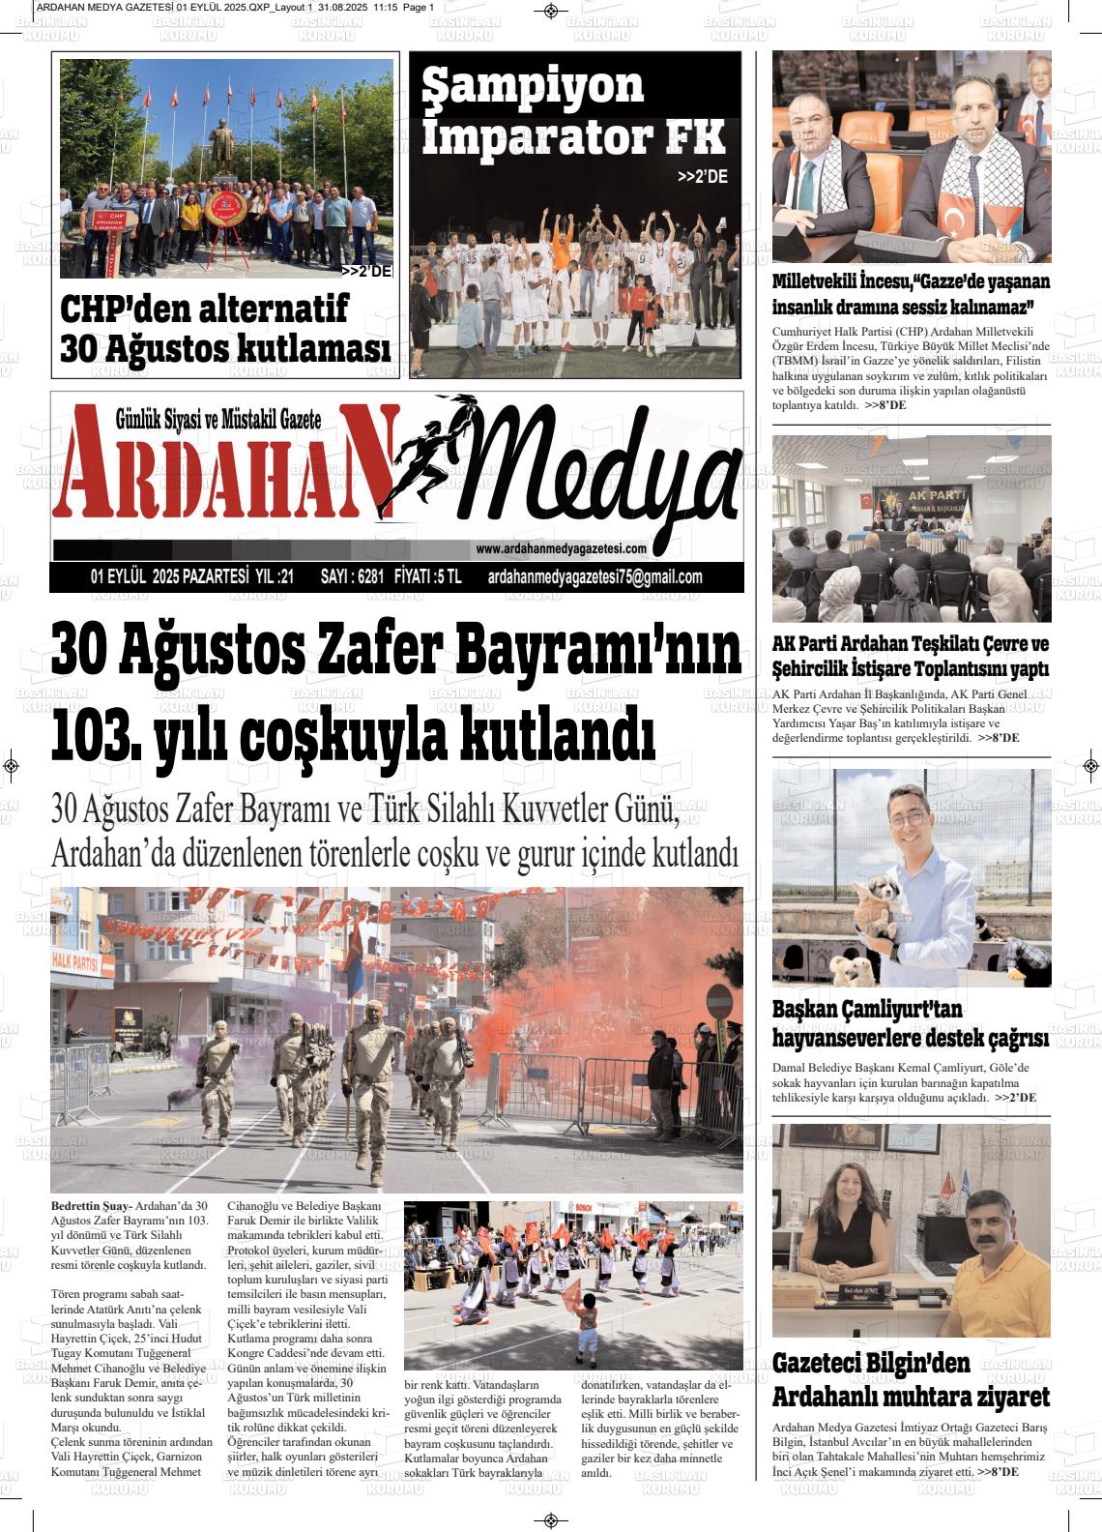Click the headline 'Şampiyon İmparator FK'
coord(572,112)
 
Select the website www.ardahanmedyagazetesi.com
coord(561,548)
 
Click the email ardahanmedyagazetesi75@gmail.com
coord(595,577)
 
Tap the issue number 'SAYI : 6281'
coord(353,577)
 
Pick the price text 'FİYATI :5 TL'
coord(429,577)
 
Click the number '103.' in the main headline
coord(96,733)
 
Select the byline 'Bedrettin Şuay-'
coord(92,1206)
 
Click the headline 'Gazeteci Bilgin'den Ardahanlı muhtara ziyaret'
coord(911,1381)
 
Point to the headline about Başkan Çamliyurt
coord(910,1024)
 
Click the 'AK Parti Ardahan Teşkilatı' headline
coord(911,656)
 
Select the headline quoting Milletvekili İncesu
coord(911,294)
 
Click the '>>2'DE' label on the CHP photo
coord(366,272)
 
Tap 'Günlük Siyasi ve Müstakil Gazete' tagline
coord(217,419)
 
